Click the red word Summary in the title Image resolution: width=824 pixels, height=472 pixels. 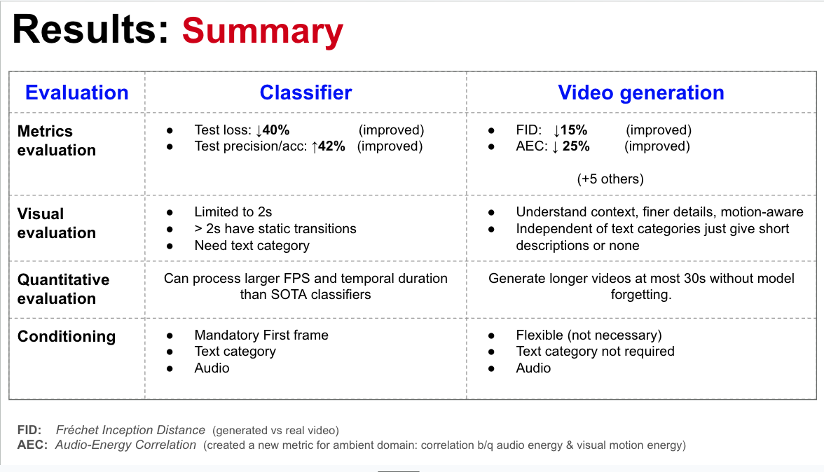click(263, 32)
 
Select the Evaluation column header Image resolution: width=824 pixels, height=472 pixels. click(77, 92)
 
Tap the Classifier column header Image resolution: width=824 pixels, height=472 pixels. click(305, 92)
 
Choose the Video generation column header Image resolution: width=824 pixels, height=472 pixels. click(641, 92)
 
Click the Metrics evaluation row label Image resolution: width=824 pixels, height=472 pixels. click(56, 140)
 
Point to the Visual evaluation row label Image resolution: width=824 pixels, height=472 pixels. click(56, 223)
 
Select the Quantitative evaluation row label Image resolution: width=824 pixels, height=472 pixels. click(63, 289)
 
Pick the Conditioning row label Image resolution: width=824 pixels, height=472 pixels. click(67, 336)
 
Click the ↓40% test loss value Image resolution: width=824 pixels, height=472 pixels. click(273, 130)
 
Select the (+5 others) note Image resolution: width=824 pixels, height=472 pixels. click(610, 179)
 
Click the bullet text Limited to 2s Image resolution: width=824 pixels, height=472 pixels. click(233, 211)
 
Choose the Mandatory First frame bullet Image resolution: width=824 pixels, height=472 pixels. click(261, 335)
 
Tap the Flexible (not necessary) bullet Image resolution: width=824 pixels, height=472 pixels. click(589, 335)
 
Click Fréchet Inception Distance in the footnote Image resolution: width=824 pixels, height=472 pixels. click(130, 430)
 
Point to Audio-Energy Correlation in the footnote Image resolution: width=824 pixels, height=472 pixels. click(126, 445)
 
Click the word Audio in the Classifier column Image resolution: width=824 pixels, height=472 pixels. click(212, 368)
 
